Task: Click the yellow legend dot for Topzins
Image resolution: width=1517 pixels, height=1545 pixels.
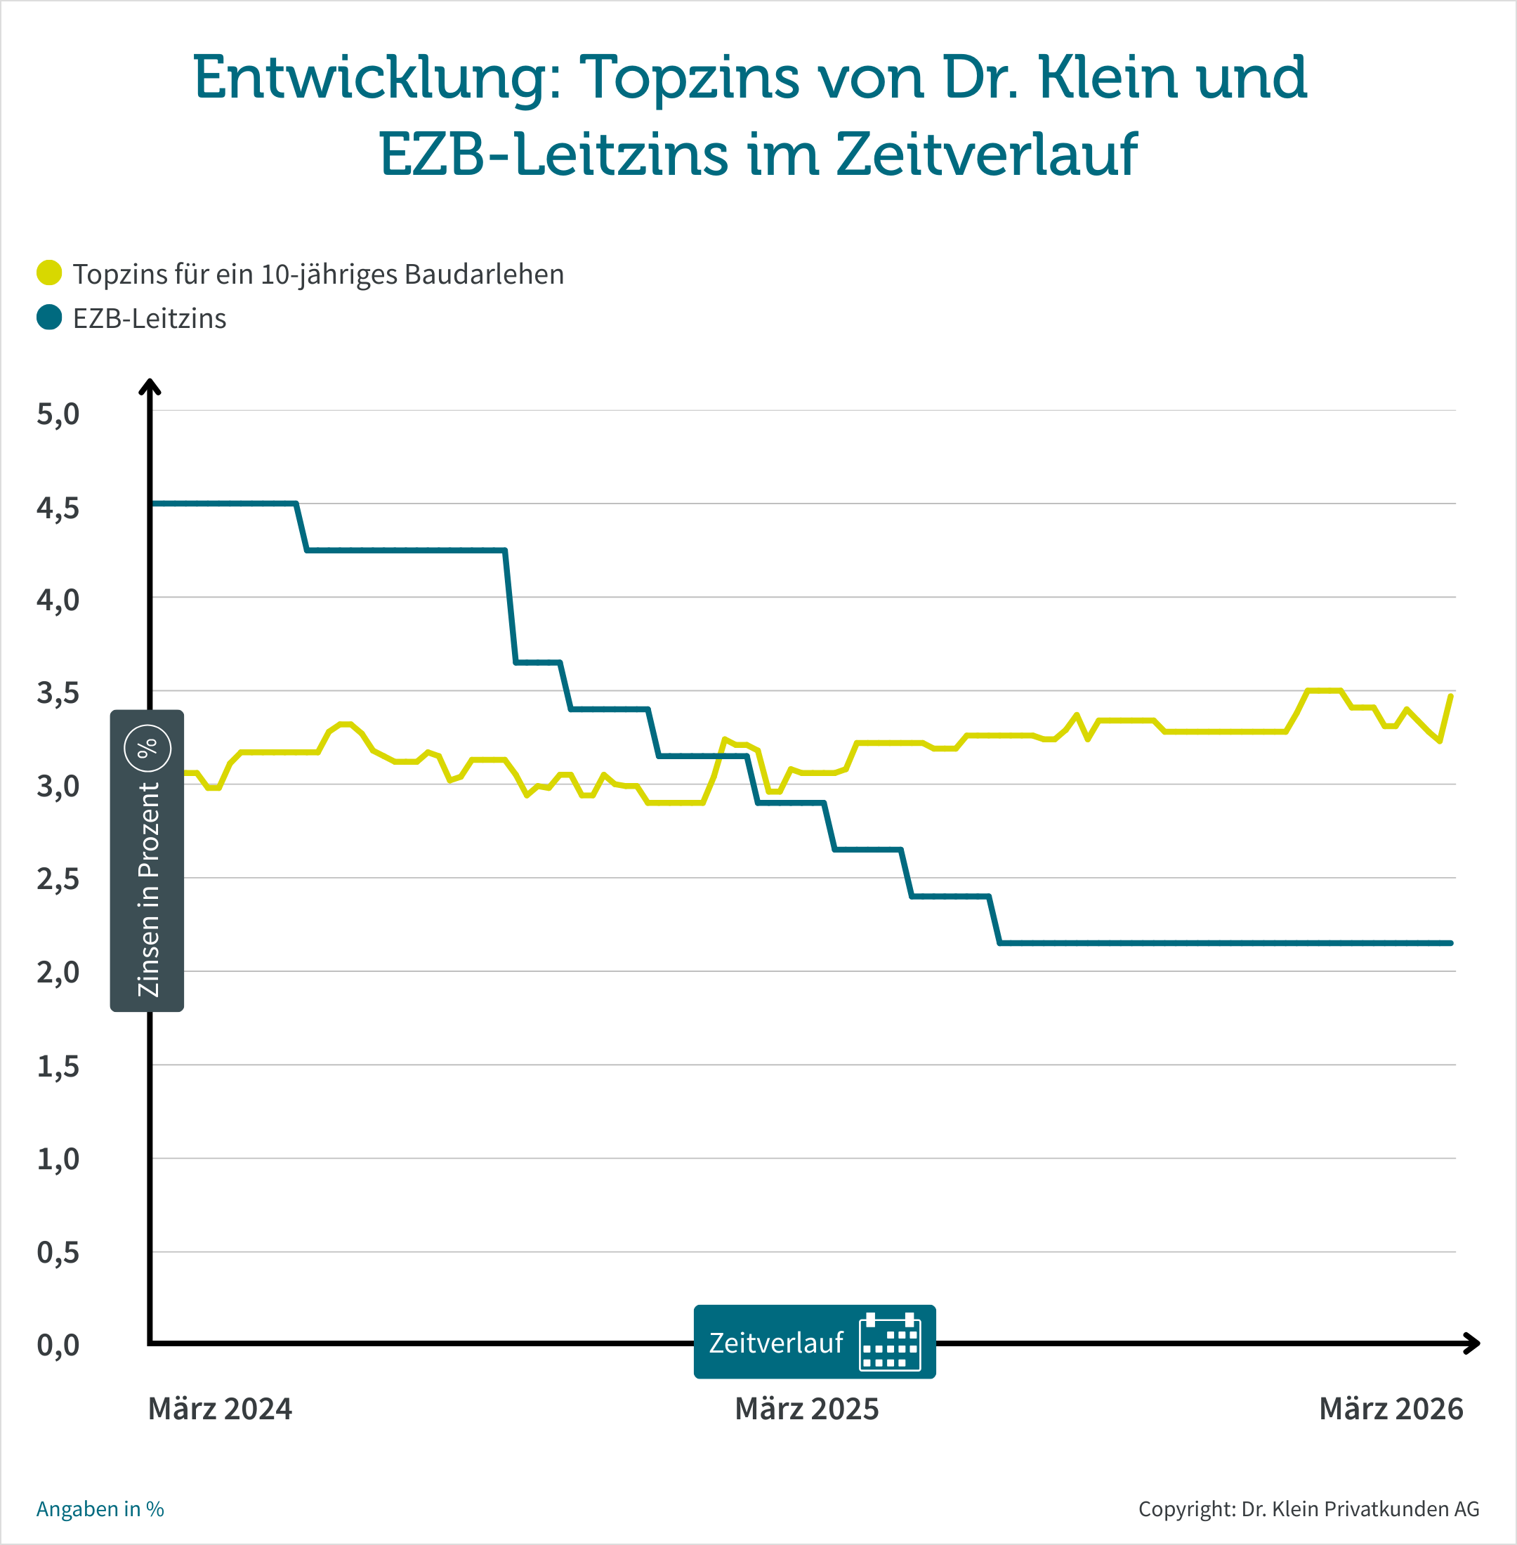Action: click(x=49, y=272)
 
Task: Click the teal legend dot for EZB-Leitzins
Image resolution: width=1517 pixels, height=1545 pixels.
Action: click(x=49, y=317)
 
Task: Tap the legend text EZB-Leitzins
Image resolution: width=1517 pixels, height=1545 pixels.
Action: click(x=150, y=319)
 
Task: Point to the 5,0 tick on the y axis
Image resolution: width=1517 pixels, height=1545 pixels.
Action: click(x=58, y=414)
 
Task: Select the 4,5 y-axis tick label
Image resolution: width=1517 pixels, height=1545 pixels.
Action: click(x=58, y=508)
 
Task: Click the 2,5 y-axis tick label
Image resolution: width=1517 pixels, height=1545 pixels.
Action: click(x=58, y=879)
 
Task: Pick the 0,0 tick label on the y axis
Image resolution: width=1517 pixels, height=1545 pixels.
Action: click(x=58, y=1345)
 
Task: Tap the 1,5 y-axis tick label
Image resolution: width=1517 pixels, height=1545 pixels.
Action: click(x=58, y=1066)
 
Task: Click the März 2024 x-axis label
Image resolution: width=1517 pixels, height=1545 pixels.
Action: click(x=220, y=1409)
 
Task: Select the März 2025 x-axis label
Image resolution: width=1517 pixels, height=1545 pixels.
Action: click(x=806, y=1409)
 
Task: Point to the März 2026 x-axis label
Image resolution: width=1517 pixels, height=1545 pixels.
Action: click(x=1391, y=1409)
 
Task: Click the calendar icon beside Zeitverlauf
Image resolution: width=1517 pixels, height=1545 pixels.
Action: click(x=889, y=1343)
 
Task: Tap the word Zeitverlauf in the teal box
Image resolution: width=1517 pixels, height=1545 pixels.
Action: click(x=775, y=1343)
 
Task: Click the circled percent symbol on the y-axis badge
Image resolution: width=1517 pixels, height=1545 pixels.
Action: click(x=147, y=748)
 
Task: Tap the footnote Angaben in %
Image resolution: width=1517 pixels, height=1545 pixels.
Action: click(x=100, y=1509)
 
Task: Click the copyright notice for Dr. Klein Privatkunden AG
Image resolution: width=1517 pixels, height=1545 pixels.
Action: click(x=1308, y=1509)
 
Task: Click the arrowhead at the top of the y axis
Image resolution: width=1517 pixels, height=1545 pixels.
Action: click(x=150, y=387)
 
